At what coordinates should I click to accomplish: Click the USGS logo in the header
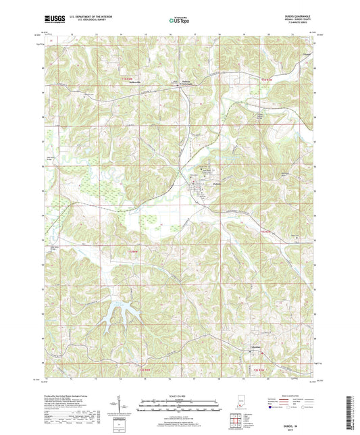pos(55,20)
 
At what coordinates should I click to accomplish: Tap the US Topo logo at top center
pos(178,21)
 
